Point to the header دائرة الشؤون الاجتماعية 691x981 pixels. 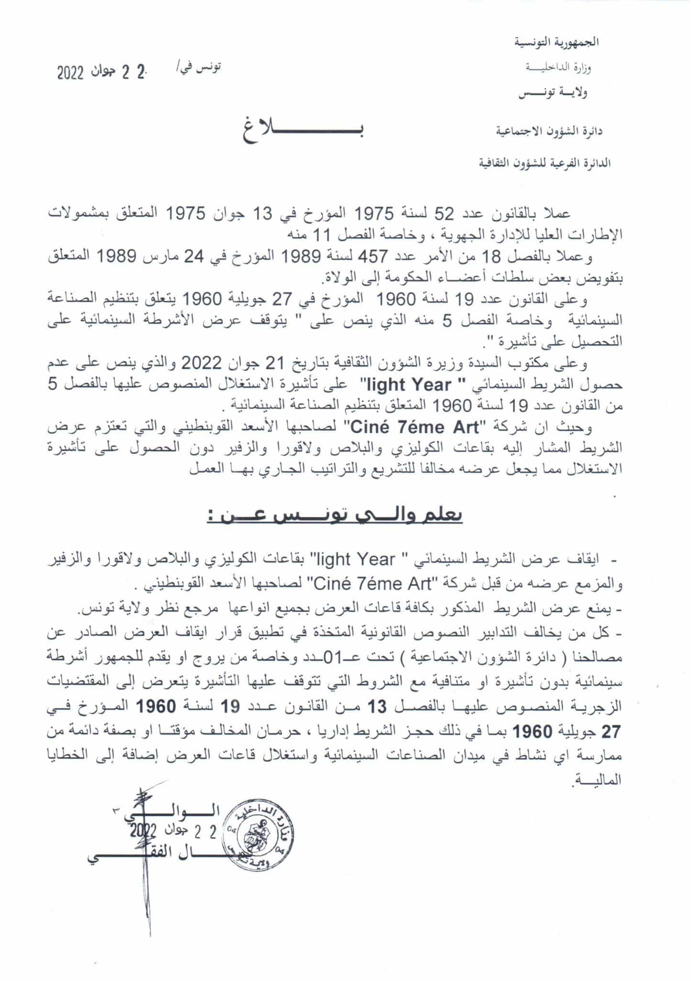coord(549,131)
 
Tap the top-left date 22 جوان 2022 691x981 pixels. coord(101,73)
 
